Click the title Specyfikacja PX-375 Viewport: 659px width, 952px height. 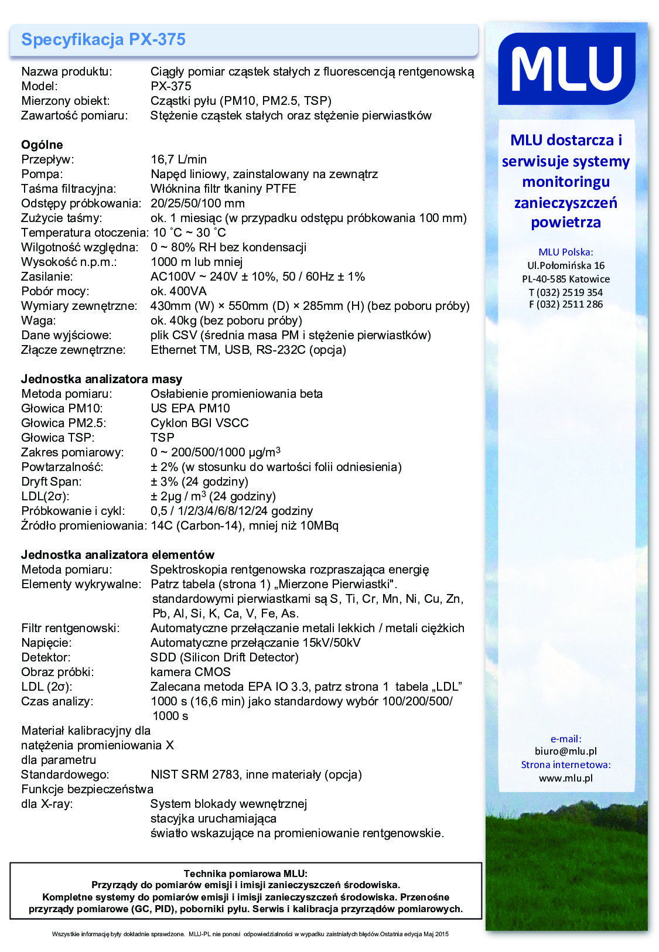coord(103,39)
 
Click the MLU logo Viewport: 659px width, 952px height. coord(566,69)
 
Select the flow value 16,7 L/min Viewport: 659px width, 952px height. coord(179,159)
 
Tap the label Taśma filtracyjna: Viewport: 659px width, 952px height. coord(69,189)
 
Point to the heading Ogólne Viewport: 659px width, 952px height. coord(42,145)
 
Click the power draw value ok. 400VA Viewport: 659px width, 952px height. coord(179,291)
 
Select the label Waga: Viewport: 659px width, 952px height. coord(39,320)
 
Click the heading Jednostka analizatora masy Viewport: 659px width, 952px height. coord(101,379)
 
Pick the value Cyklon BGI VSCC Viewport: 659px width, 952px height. coord(199,423)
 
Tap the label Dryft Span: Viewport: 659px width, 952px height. coord(52,482)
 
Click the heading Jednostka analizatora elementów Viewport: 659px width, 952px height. coord(118,555)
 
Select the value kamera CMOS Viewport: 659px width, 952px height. coord(190,672)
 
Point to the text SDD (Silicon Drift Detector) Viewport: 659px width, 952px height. coord(224,657)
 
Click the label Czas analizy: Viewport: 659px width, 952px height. coord(57,701)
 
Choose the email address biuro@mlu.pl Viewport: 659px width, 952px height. coord(565,751)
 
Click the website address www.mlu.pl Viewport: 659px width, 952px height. coord(565,778)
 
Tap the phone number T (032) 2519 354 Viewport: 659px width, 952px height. coord(565,292)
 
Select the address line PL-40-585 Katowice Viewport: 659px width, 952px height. coord(565,279)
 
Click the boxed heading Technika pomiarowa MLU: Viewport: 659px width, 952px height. coord(245,873)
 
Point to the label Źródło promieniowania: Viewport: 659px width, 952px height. coord(84,526)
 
